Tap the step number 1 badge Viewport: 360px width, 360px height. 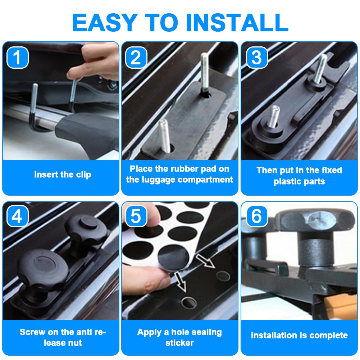tap(18, 58)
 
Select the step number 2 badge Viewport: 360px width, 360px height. tap(136, 58)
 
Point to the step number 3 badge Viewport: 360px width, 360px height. tap(257, 58)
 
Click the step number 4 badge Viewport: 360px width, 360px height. tap(18, 216)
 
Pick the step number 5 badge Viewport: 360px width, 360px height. tap(136, 216)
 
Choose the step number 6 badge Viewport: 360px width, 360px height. tap(257, 216)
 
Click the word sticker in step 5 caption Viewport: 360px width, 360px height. tap(179, 343)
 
